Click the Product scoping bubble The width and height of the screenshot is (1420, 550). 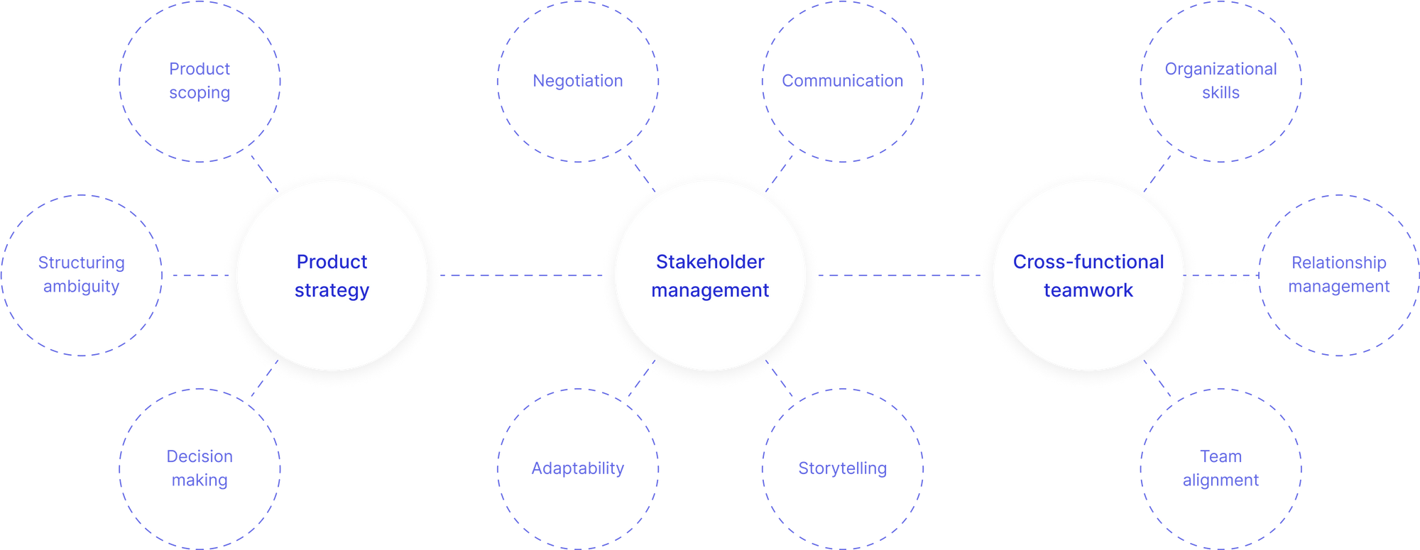pos(200,121)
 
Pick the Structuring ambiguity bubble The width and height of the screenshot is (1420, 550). pos(81,312)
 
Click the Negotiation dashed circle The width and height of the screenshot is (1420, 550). pos(578,114)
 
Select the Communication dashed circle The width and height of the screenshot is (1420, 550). pos(843,114)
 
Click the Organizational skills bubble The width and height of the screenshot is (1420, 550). pos(1221,121)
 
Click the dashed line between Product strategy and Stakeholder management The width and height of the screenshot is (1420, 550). pos(522,275)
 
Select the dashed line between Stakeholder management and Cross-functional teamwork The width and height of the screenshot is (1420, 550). pos(900,275)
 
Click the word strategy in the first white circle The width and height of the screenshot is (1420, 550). pos(332,290)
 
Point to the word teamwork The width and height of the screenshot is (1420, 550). pos(1088,290)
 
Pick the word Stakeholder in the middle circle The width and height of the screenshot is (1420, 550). pos(710,262)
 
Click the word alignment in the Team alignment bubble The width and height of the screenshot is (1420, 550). pos(1221,480)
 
